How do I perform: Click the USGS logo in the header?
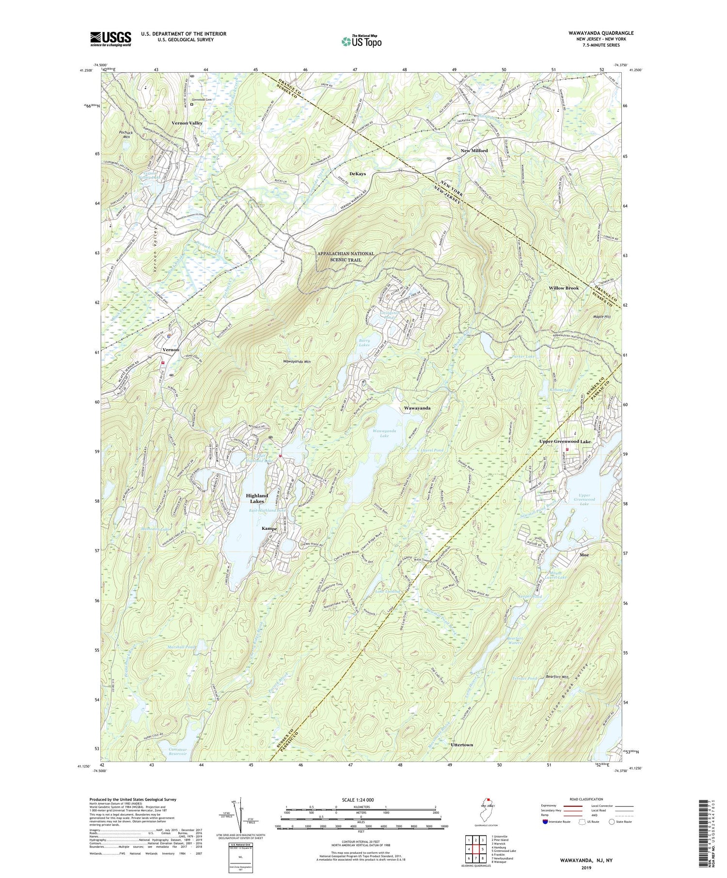click(111, 39)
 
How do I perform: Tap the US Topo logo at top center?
click(361, 42)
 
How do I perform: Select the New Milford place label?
click(474, 151)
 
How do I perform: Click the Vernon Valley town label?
click(187, 123)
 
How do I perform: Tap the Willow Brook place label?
click(564, 288)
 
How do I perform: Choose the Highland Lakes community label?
click(256, 499)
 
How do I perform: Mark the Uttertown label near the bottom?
click(461, 744)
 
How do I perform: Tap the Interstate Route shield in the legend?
click(546, 822)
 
